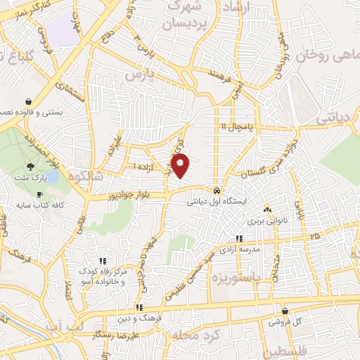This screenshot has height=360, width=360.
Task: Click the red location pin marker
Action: click(181, 166)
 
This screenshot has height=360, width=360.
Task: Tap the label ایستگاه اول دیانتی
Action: click(217, 201)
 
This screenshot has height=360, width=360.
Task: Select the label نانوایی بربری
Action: click(266, 220)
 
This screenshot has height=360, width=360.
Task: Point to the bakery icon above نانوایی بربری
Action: click(266, 210)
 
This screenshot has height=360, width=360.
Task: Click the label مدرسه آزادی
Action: click(240, 249)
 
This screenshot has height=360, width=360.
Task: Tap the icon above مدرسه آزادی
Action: click(240, 238)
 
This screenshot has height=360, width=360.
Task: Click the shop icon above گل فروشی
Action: click(285, 311)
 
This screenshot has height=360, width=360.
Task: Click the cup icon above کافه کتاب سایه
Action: click(39, 194)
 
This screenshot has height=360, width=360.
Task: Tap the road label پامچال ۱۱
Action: click(234, 126)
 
